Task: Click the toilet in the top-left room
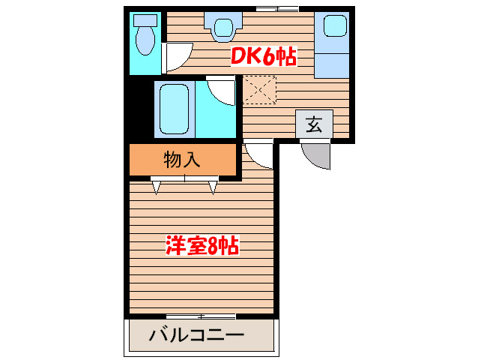tap(143, 34)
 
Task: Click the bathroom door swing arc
tap(223, 91)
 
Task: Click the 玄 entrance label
tap(314, 125)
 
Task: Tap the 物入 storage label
tap(183, 159)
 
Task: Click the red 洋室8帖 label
tap(202, 245)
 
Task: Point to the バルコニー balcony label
tap(196, 335)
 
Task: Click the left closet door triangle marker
tap(157, 187)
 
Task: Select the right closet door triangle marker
tap(213, 187)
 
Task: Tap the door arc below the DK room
tap(257, 154)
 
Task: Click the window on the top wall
tap(276, 8)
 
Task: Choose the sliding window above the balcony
tap(201, 316)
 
